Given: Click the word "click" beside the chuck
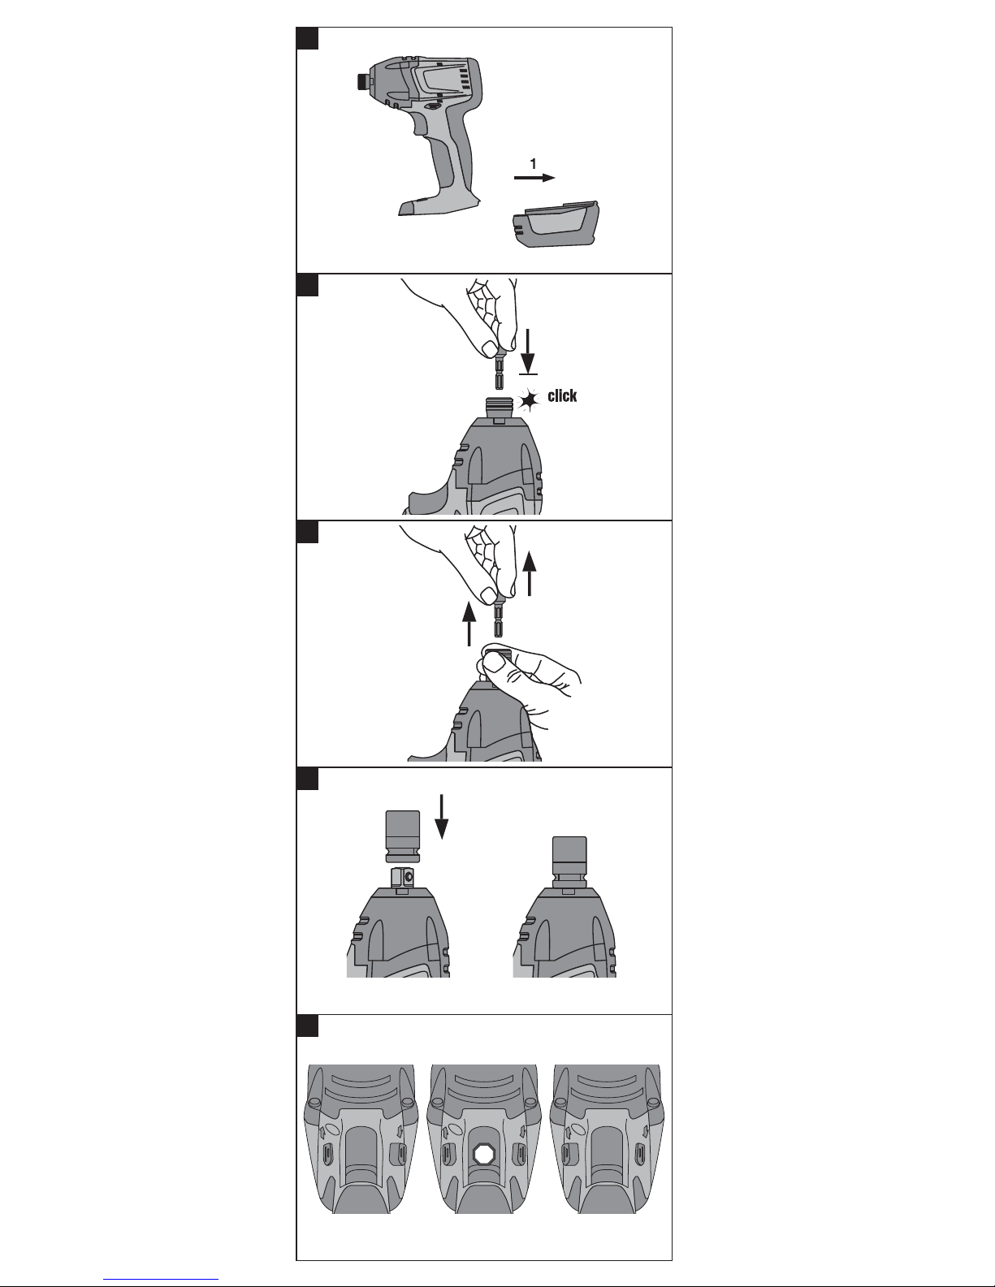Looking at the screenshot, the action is pyautogui.click(x=562, y=396).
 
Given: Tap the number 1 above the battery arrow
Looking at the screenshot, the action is pyautogui.click(x=533, y=163).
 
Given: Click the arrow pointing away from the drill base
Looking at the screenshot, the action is pyautogui.click(x=534, y=178).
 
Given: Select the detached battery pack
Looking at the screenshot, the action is pyautogui.click(x=556, y=224).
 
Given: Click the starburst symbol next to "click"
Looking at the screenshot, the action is pyautogui.click(x=528, y=400).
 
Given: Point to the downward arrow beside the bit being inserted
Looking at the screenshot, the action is pyautogui.click(x=528, y=352).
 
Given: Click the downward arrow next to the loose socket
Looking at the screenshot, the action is pyautogui.click(x=441, y=818).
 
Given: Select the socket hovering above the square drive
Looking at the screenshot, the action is pyautogui.click(x=403, y=836).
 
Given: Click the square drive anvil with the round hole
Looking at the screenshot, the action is pyautogui.click(x=403, y=877).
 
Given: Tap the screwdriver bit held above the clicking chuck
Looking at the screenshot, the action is pyautogui.click(x=499, y=374).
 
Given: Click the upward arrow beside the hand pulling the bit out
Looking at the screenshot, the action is pyautogui.click(x=530, y=573).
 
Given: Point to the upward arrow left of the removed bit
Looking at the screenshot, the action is pyautogui.click(x=469, y=624).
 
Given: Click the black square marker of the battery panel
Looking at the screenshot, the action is pyautogui.click(x=307, y=38).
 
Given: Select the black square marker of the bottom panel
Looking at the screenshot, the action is pyautogui.click(x=307, y=1026).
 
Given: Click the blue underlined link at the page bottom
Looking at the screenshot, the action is pyautogui.click(x=161, y=1277).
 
